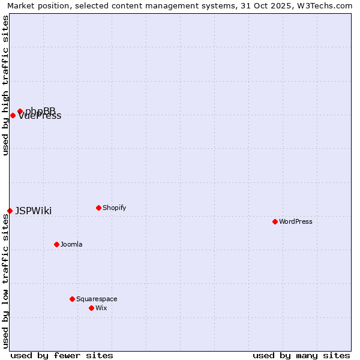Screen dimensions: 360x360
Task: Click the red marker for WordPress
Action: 275,221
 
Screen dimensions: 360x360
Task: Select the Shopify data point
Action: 98,208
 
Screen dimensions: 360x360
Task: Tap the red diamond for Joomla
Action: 56,244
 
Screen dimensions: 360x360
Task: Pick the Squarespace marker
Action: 72,299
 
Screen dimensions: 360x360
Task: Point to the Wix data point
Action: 91,308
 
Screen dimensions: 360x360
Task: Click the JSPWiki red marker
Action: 10,211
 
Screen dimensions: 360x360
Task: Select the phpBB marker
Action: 20,111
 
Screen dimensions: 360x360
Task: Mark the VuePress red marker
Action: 13,115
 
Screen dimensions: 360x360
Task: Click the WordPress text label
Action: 296,222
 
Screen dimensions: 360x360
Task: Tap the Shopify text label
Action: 115,208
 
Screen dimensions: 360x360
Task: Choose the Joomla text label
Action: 71,245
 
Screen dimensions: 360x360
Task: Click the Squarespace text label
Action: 97,299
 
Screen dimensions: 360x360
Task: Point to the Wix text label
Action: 101,308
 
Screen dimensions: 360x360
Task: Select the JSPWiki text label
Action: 34,211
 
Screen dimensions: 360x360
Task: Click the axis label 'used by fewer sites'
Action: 62,356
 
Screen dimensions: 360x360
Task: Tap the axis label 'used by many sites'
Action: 301,356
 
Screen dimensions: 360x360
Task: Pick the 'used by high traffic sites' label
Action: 5,85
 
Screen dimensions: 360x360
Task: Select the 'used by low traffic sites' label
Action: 5,282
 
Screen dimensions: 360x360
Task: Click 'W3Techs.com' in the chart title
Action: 328,5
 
